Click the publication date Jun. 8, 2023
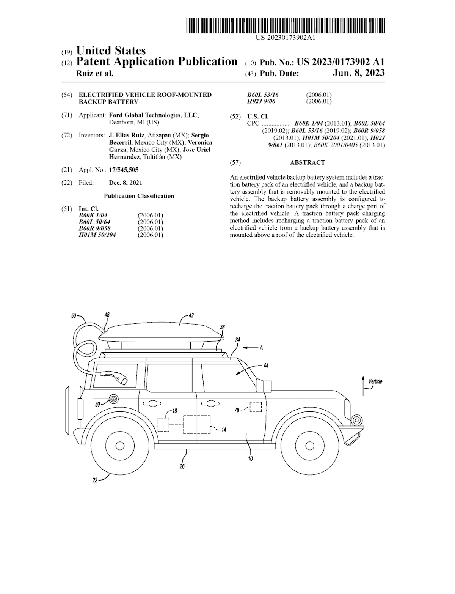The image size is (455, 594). [x=358, y=73]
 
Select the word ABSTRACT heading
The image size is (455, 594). [x=307, y=162]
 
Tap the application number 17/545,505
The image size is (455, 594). [x=124, y=170]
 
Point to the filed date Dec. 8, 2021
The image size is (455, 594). [x=126, y=183]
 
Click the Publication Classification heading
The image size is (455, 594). [x=139, y=196]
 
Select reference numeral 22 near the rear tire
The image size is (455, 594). [x=95, y=480]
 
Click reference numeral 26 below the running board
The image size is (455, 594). [x=182, y=466]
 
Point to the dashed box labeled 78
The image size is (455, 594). [x=256, y=407]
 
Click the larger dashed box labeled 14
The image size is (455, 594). [x=197, y=424]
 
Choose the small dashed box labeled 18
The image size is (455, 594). [x=163, y=424]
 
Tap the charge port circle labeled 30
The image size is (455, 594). [x=113, y=399]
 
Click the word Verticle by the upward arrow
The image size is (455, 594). [x=375, y=381]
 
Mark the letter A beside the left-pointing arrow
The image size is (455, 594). [x=261, y=347]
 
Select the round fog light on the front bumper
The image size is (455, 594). [x=356, y=420]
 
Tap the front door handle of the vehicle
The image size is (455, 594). [x=207, y=403]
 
